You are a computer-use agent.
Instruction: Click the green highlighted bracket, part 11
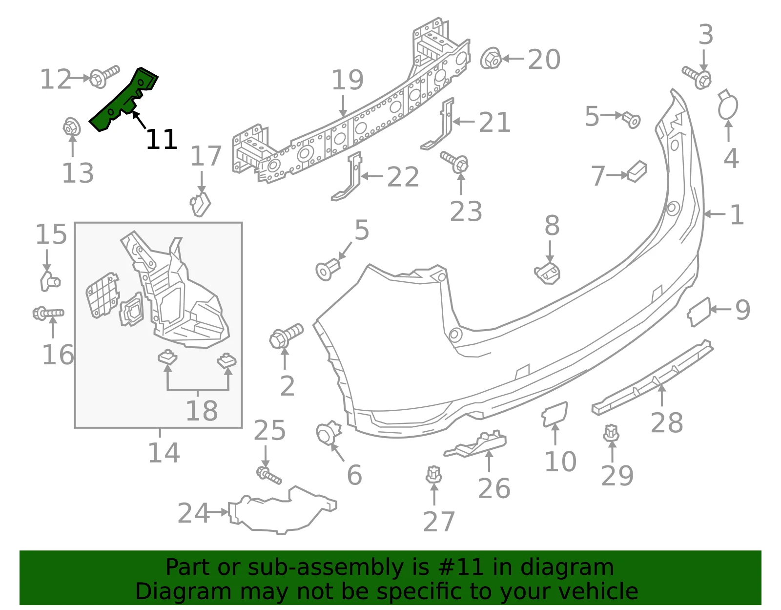[x=122, y=101]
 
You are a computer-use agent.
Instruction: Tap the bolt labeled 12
[x=104, y=76]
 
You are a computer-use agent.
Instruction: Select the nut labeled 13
[x=72, y=126]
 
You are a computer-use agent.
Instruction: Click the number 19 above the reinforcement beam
[x=347, y=80]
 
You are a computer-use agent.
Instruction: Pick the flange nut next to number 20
[x=491, y=58]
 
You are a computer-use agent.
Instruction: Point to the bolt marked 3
[x=697, y=78]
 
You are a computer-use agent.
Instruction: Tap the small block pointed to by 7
[x=637, y=171]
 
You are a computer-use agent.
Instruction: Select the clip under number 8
[x=547, y=273]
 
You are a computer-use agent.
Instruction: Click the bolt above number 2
[x=286, y=336]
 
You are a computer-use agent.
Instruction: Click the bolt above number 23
[x=454, y=162]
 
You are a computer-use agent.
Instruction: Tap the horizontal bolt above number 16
[x=48, y=313]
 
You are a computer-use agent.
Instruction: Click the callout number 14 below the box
[x=164, y=453]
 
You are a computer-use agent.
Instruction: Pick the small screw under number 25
[x=269, y=475]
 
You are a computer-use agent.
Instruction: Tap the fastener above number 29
[x=611, y=434]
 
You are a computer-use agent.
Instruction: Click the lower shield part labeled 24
[x=283, y=511]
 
